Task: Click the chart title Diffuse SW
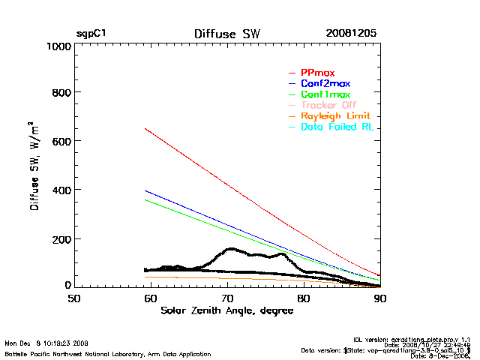tap(226, 34)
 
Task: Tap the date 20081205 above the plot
tap(351, 34)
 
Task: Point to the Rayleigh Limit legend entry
tap(335, 117)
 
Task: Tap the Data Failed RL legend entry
tap(337, 127)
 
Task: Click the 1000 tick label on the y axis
tap(58, 46)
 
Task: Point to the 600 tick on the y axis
tap(61, 142)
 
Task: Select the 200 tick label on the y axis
tap(61, 238)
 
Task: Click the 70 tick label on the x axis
tap(227, 298)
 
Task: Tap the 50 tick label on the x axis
tap(74, 298)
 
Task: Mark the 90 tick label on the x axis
tap(380, 298)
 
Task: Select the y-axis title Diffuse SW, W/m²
tap(34, 166)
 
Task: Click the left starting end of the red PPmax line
tap(145, 129)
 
